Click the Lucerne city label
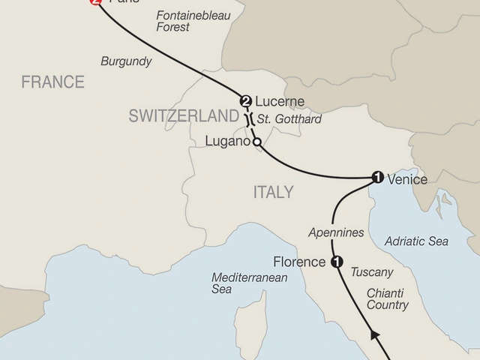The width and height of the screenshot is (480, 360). pos(278,101)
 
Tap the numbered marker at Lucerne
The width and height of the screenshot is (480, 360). pos(244,101)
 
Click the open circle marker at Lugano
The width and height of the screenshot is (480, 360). pos(256,142)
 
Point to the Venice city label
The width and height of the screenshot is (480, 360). pos(407,179)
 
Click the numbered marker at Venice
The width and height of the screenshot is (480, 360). pos(377,178)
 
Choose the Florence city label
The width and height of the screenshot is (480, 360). pos(300,262)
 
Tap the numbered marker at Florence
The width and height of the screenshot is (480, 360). pos(336,262)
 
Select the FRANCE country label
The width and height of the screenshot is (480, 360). pos(53,82)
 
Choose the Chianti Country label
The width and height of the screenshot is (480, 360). pos(388,298)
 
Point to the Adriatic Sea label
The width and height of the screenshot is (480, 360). pos(415,241)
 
